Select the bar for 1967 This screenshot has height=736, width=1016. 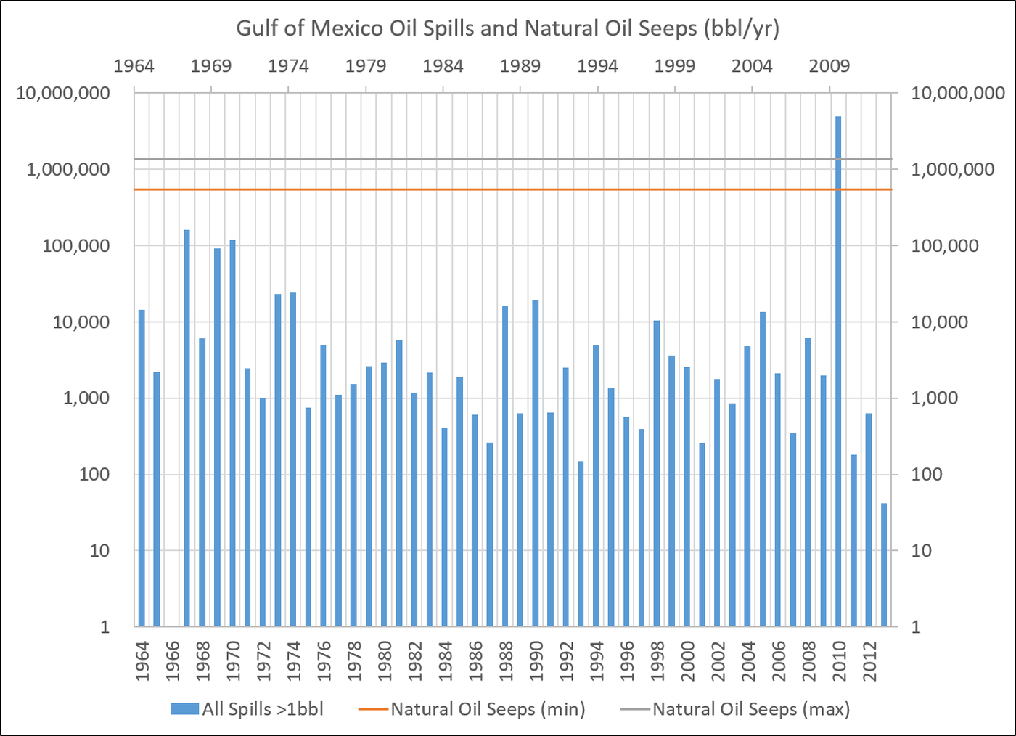(x=187, y=428)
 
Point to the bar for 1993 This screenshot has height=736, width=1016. (x=581, y=544)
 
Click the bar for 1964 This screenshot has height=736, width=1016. (x=142, y=468)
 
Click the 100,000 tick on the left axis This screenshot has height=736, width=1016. (x=76, y=245)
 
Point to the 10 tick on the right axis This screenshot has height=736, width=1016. (x=921, y=550)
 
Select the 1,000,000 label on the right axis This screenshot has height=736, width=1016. (x=952, y=169)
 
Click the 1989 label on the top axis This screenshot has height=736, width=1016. (x=520, y=66)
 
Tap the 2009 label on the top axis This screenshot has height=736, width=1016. (x=829, y=66)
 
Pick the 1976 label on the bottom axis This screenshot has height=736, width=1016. (x=324, y=661)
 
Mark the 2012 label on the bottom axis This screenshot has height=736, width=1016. (x=869, y=661)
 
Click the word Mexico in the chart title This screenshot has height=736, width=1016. (x=344, y=28)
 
